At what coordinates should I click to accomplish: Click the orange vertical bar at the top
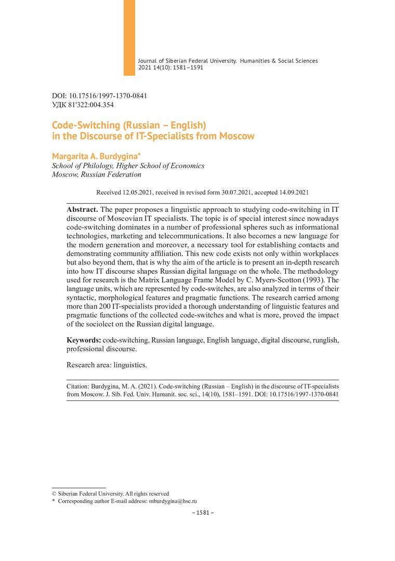[x=129, y=37]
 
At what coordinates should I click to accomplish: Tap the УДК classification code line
[x=83, y=104]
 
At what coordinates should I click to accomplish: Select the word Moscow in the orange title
[x=235, y=137]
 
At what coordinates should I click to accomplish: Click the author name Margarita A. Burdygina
[x=88, y=156]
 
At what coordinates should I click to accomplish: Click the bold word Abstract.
[x=82, y=209]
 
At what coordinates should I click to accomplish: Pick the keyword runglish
[x=323, y=340]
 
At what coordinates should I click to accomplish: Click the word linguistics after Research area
[x=130, y=365]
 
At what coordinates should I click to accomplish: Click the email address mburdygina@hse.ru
[x=173, y=501]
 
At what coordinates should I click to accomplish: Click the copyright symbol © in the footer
[x=54, y=493]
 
